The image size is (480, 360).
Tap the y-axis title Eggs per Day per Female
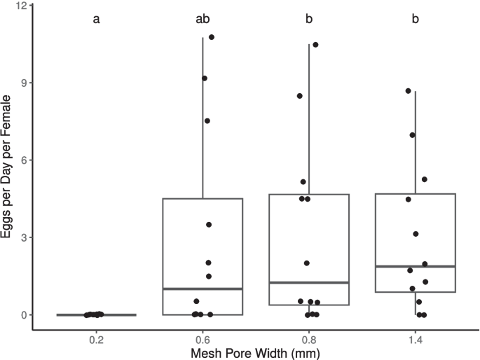(x=8, y=161)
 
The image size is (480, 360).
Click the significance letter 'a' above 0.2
(x=96, y=19)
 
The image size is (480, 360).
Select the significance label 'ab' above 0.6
(x=203, y=19)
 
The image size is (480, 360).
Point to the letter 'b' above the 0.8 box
(x=309, y=19)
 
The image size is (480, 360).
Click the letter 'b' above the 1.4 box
(x=416, y=19)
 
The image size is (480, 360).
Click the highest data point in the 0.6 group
(x=212, y=37)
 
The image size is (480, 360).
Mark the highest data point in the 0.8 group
(x=315, y=45)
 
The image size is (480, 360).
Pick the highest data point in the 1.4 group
(x=409, y=91)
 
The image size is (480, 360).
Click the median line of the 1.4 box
(x=416, y=267)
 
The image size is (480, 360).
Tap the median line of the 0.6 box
(x=203, y=289)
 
